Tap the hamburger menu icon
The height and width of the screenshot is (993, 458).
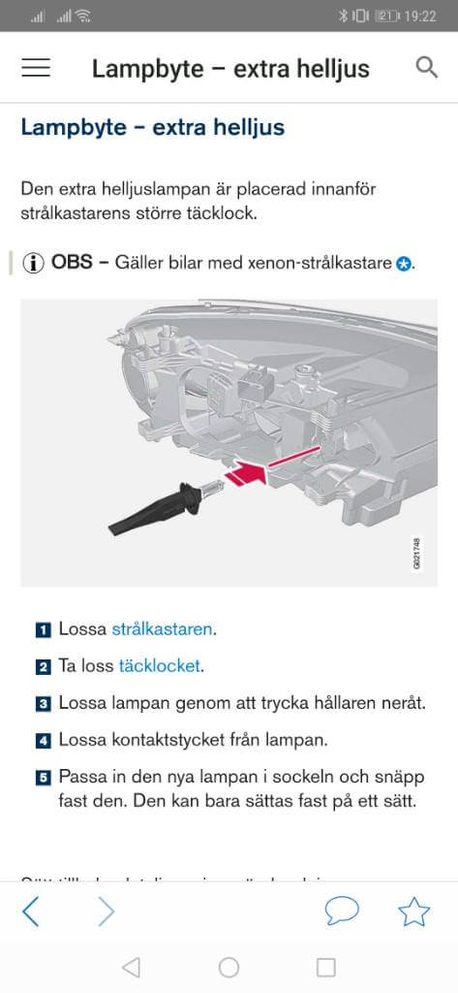point(36,68)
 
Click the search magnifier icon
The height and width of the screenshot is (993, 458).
point(426,67)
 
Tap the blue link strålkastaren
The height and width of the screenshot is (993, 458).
point(162,628)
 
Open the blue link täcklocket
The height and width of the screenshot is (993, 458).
point(160,665)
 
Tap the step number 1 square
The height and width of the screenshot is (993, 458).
point(44,629)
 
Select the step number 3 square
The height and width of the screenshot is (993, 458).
point(44,703)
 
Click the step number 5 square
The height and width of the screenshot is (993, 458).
point(44,778)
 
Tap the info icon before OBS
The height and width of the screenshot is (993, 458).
point(34,263)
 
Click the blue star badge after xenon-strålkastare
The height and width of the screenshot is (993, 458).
point(404,264)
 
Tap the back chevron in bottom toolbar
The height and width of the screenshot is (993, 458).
point(31,912)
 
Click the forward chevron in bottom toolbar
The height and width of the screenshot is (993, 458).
point(106,912)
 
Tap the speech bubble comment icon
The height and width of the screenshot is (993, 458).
point(341,912)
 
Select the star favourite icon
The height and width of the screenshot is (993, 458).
point(414,912)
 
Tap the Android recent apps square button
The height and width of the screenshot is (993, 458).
point(326,967)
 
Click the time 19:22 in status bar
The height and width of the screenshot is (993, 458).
point(422,16)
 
